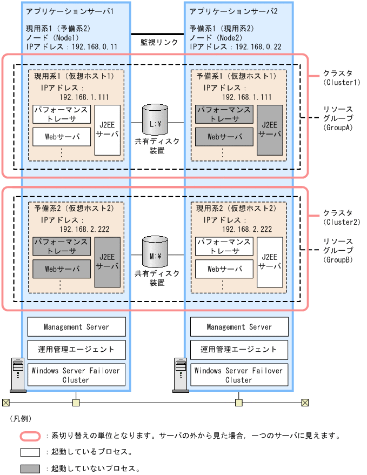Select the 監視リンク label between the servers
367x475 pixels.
coord(159,42)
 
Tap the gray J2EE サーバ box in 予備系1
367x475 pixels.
coord(270,130)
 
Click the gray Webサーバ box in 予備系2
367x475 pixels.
coord(61,268)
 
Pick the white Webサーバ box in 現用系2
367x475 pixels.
coord(224,268)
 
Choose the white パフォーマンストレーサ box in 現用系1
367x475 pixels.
coord(61,114)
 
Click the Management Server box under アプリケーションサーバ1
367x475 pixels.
coord(76,327)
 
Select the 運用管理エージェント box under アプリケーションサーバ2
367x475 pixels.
coord(239,350)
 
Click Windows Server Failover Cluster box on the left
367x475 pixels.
coord(76,375)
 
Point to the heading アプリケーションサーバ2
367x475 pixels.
coord(233,11)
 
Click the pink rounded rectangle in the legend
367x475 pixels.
coord(30,435)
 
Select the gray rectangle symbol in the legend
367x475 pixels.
coord(30,468)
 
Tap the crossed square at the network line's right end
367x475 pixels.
coord(305,402)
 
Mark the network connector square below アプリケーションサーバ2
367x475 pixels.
coord(238,402)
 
